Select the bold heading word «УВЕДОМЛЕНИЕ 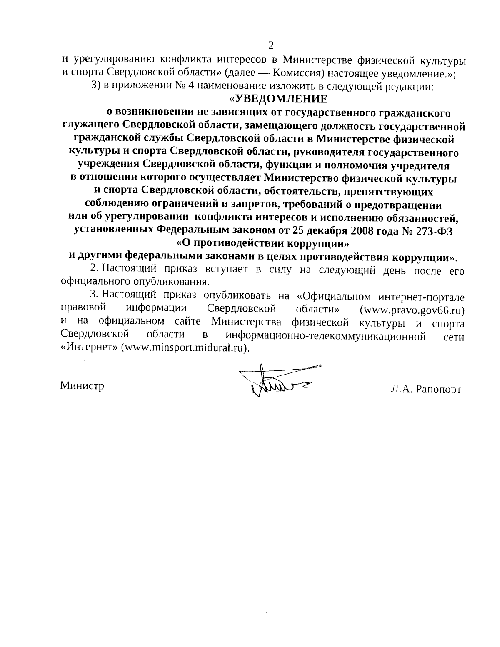coord(278,99)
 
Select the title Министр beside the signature coord(82,385)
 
